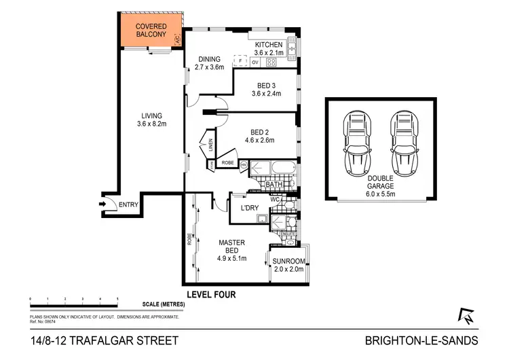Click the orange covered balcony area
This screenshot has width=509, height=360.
click(x=150, y=31)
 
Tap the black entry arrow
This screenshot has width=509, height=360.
click(x=105, y=204)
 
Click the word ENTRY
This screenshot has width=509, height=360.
click(x=130, y=204)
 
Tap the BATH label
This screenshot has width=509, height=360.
click(x=274, y=184)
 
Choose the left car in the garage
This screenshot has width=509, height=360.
click(x=357, y=143)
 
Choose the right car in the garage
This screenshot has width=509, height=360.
click(x=402, y=143)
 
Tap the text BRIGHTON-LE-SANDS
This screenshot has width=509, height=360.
click(x=421, y=340)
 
